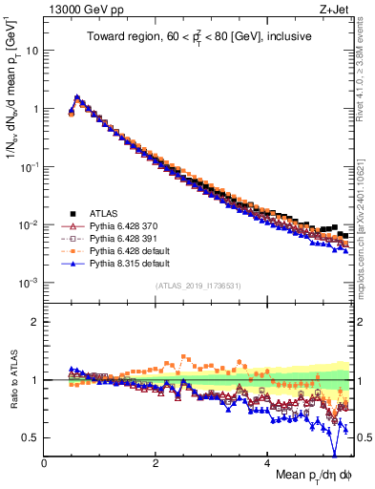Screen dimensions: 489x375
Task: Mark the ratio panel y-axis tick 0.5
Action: (x=30, y=437)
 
